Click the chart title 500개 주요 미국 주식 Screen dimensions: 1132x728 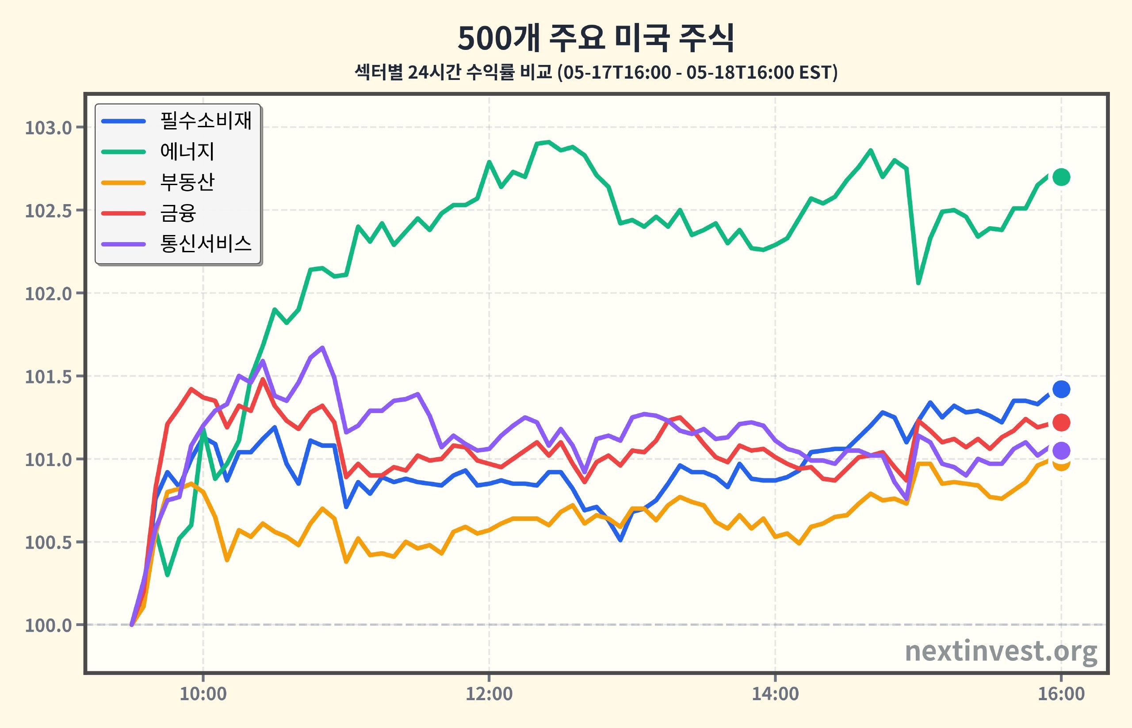[596, 38]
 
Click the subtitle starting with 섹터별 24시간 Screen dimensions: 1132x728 [596, 72]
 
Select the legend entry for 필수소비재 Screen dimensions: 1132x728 [176, 121]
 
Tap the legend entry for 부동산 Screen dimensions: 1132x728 [158, 182]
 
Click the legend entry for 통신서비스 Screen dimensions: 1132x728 [176, 243]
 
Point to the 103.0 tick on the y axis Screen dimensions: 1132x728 [48, 128]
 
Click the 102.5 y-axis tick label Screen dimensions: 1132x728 [48, 210]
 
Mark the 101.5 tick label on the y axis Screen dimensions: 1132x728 [48, 376]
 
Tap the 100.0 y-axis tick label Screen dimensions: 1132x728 [48, 625]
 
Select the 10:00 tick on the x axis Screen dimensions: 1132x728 [203, 694]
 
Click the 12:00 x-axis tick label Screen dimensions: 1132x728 [489, 694]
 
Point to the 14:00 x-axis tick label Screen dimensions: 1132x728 [775, 694]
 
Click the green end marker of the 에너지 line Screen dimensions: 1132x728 [1061, 177]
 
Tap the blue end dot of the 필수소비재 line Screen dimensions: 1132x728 [1061, 389]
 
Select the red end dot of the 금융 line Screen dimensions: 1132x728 [1061, 423]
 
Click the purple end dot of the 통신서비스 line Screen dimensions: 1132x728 [1061, 451]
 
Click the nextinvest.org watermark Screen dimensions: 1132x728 [1001, 652]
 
